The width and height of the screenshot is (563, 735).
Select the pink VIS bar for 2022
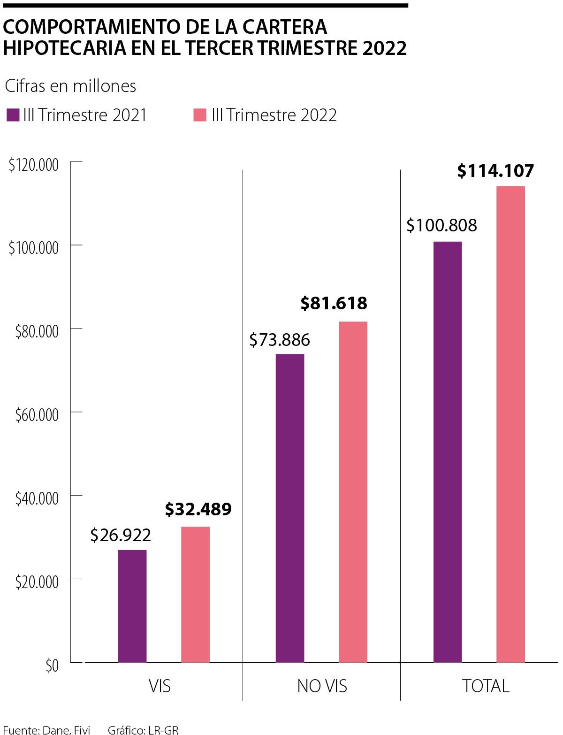coord(195,594)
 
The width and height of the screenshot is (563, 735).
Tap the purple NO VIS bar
coord(290,508)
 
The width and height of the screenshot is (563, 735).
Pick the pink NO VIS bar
coord(353,491)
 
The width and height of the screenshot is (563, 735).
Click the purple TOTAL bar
coord(448,452)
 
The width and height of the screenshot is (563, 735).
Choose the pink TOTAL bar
coord(510,424)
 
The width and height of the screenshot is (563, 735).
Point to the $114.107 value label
coord(495,171)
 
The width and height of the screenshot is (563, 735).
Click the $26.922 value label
coord(121,535)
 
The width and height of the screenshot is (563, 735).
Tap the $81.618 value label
coord(334,303)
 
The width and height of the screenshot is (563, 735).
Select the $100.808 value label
coord(441,226)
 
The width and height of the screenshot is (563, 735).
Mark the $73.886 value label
coord(280,340)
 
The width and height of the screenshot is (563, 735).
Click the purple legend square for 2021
coord(13,115)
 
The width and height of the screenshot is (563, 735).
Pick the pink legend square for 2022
coord(200,115)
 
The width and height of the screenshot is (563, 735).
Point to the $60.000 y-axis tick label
coord(37,415)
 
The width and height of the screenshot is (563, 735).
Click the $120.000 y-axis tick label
coord(34,165)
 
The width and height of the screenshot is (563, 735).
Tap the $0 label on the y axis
coord(52,666)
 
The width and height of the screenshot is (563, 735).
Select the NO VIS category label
coord(322,686)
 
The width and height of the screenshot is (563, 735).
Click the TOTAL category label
coord(486,686)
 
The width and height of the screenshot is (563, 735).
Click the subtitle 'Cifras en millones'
coord(70,86)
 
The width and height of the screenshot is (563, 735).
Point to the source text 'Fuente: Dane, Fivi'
coord(46,730)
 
